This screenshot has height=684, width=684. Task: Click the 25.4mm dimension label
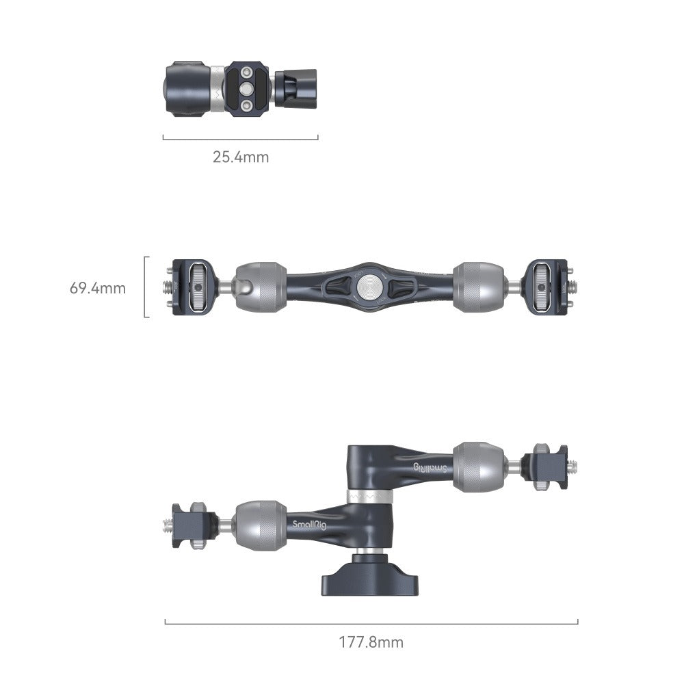(x=240, y=157)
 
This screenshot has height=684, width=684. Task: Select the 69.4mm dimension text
(x=98, y=288)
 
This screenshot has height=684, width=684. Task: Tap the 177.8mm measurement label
(x=371, y=642)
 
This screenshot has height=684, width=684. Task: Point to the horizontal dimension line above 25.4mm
(x=240, y=137)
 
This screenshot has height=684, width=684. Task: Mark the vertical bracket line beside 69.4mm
(x=146, y=287)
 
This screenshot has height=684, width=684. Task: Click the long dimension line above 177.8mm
(x=371, y=622)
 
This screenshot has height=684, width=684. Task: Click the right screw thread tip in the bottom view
(x=573, y=466)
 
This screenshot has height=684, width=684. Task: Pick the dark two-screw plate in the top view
(x=248, y=90)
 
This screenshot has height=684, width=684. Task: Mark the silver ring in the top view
(x=216, y=90)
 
